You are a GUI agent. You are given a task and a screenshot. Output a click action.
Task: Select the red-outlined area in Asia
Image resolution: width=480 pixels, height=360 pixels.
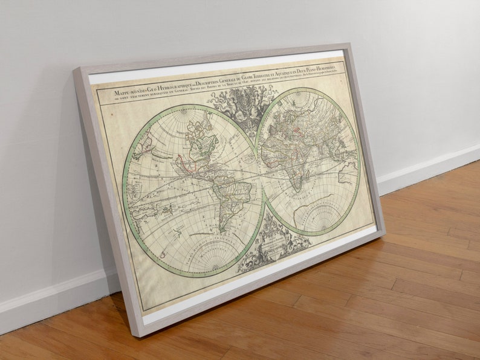click(296, 127)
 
